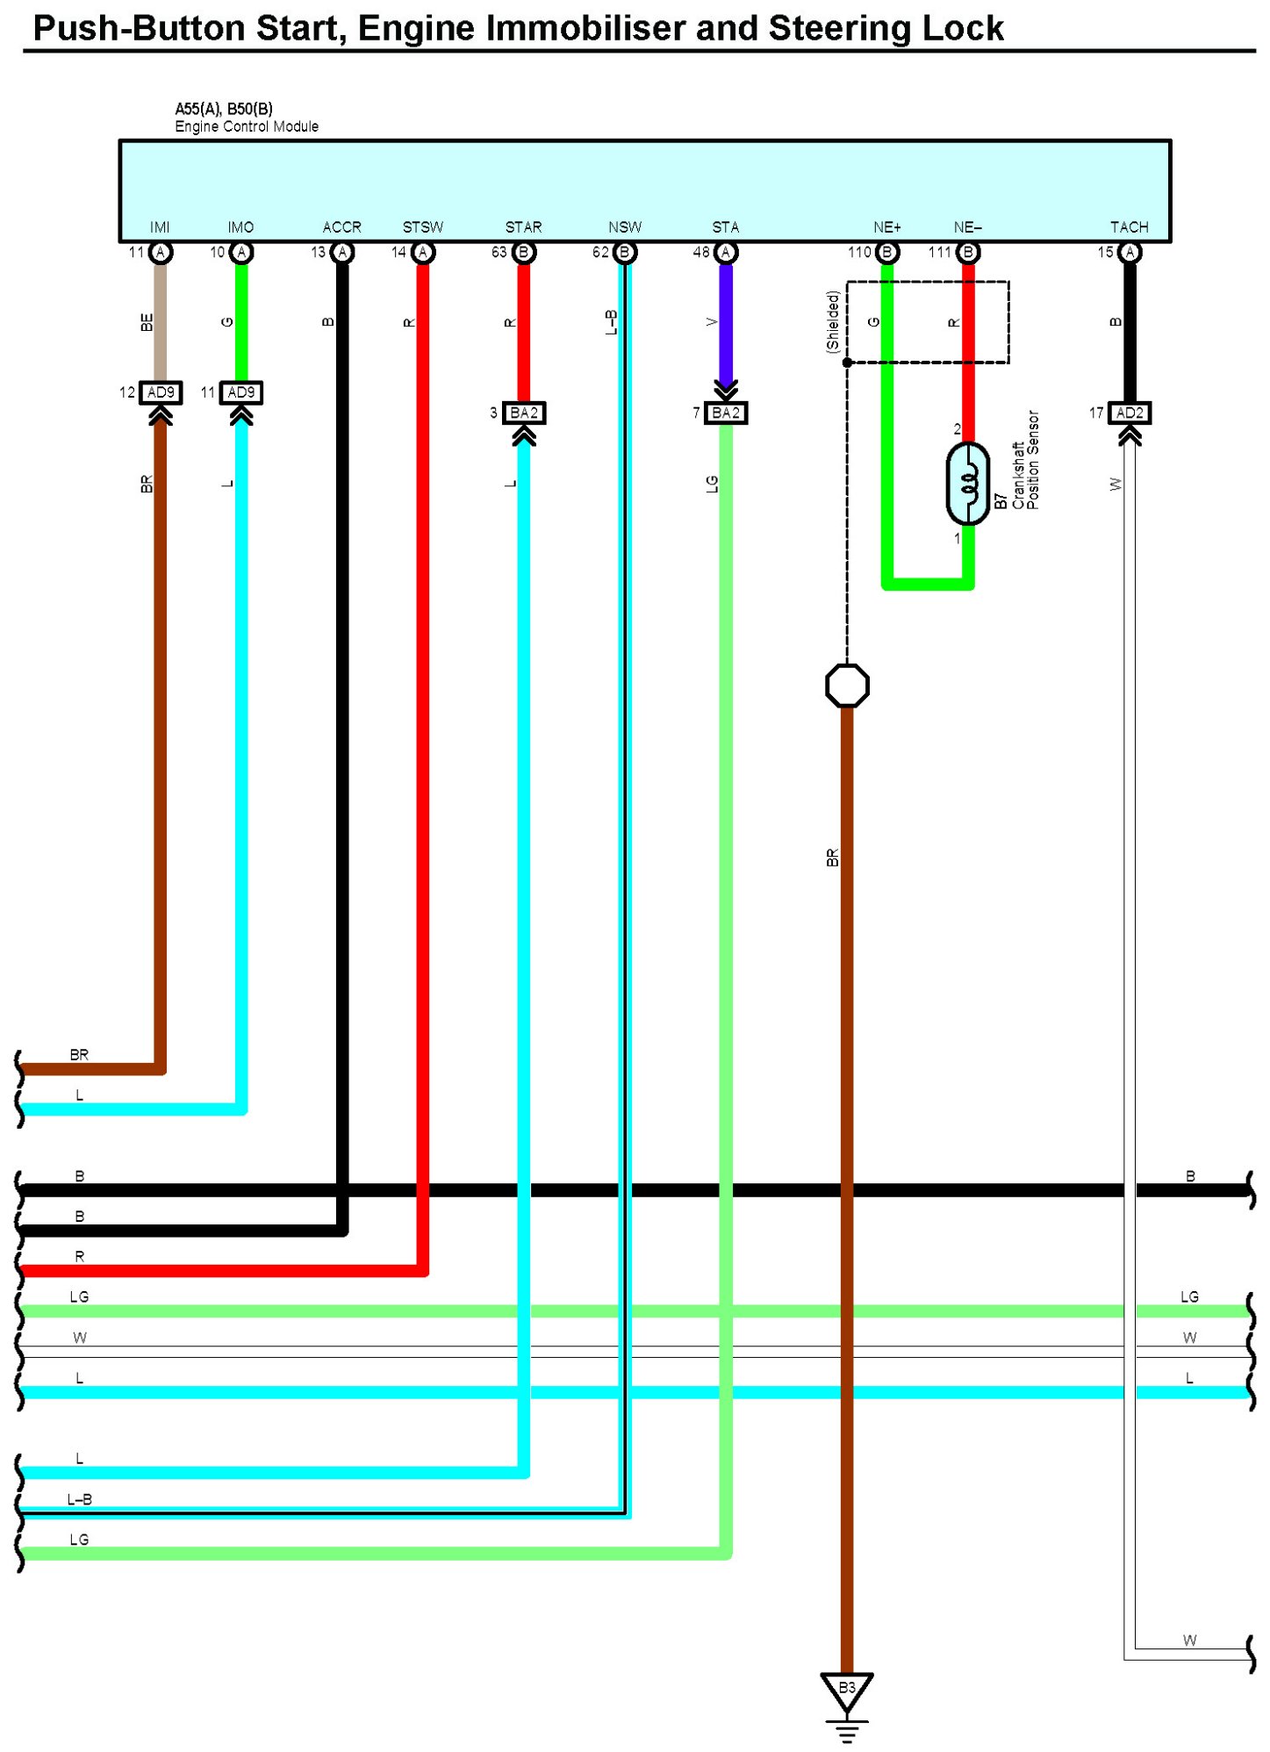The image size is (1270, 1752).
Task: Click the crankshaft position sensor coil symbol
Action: (x=967, y=484)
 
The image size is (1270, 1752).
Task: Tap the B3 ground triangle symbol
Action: (x=846, y=1690)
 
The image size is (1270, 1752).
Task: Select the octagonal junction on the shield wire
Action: (x=847, y=686)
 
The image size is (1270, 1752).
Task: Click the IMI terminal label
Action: (x=160, y=227)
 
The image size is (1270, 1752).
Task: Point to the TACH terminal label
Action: (x=1129, y=227)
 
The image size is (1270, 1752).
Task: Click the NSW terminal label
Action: (x=625, y=227)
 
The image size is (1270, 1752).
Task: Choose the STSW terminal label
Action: (x=423, y=227)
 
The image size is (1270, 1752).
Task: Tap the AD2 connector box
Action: (x=1130, y=413)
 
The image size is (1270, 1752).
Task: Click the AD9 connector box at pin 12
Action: (x=161, y=392)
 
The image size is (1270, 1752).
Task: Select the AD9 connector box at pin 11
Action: (x=241, y=392)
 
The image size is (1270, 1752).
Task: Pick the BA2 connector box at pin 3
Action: (x=524, y=413)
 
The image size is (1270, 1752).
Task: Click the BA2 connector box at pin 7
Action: (x=726, y=413)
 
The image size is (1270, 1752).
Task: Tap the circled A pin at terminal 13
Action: (x=342, y=253)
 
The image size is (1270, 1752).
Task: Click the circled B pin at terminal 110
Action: (x=887, y=253)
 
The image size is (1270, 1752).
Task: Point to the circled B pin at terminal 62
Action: (x=625, y=253)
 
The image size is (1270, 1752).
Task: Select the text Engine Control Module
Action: (x=247, y=126)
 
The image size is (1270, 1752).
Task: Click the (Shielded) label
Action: (x=833, y=321)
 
